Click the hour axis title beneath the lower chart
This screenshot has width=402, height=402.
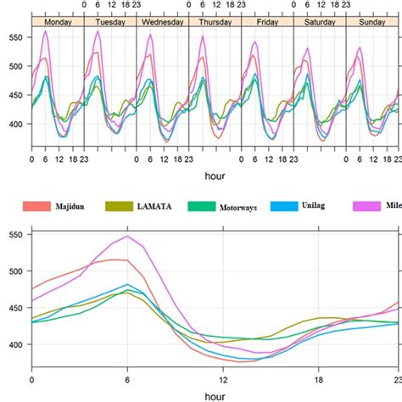[215, 395]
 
